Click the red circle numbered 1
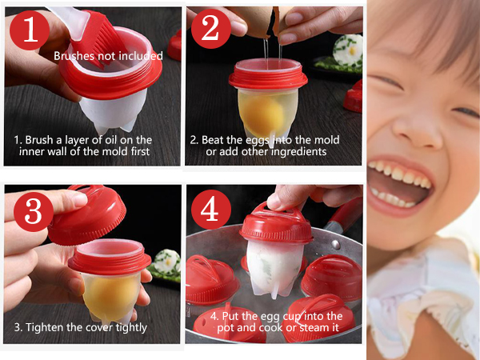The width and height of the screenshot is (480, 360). pyautogui.click(x=30, y=30)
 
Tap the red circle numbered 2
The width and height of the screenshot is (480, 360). pyautogui.click(x=211, y=29)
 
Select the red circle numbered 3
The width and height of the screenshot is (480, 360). pyautogui.click(x=34, y=212)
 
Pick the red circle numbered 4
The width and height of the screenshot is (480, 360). pyautogui.click(x=211, y=209)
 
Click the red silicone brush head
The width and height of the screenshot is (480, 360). pyautogui.click(x=98, y=40)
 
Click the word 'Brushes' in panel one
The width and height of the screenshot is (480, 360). pyautogui.click(x=74, y=56)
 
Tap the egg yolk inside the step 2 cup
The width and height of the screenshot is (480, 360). pyautogui.click(x=262, y=114)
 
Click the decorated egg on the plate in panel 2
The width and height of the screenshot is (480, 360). pyautogui.click(x=348, y=50)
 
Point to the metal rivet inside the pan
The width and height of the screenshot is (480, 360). pyautogui.click(x=336, y=244)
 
